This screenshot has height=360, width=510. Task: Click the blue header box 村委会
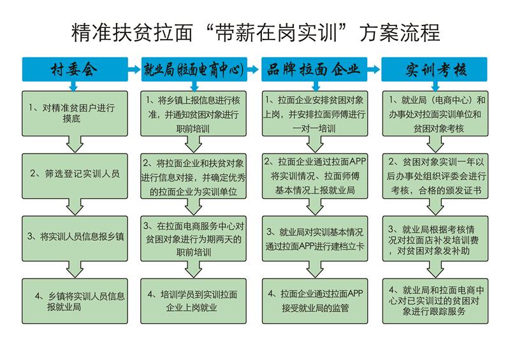tap(75, 69)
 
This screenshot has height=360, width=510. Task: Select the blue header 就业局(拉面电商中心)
tap(194, 69)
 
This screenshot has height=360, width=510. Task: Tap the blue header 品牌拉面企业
tap(314, 69)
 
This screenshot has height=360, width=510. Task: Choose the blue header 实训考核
tap(434, 69)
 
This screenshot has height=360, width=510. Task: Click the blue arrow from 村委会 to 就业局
tap(135, 69)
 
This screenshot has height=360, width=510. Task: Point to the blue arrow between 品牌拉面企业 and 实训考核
tap(374, 69)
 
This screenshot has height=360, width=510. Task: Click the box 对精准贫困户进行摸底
tap(75, 113)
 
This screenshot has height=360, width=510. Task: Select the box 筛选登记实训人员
tap(75, 176)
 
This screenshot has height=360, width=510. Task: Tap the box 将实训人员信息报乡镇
tap(75, 238)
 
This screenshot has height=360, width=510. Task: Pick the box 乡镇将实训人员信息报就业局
tap(75, 301)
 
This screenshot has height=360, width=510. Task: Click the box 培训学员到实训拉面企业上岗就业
tap(194, 301)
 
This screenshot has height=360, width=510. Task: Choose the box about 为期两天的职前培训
tap(194, 238)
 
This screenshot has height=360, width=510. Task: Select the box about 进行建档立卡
tap(315, 238)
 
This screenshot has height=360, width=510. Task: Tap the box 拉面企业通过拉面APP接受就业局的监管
tap(315, 301)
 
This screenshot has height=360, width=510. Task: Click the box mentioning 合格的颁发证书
tap(435, 176)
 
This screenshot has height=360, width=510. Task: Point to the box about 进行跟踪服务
tap(435, 301)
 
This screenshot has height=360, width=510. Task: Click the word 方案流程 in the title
tap(400, 32)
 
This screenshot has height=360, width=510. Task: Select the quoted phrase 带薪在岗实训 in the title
tap(276, 32)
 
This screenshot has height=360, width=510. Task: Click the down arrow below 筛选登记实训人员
tap(75, 207)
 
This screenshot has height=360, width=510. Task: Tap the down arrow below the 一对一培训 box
tap(315, 145)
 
